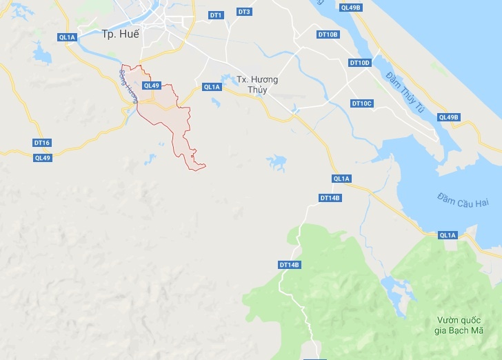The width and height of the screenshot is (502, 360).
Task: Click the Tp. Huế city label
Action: (120, 33)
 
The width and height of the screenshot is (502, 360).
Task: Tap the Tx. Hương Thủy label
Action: (257, 84)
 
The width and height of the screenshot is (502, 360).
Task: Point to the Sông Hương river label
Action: (127, 86)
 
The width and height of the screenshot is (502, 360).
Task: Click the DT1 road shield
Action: (216, 14)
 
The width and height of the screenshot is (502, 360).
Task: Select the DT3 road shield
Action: (244, 12)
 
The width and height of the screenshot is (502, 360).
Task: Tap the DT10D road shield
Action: (360, 63)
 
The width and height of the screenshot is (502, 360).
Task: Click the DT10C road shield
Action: (361, 103)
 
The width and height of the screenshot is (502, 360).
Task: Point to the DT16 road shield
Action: (41, 143)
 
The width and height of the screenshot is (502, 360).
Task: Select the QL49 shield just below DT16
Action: (43, 157)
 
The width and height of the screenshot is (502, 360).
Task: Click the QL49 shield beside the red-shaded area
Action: (151, 86)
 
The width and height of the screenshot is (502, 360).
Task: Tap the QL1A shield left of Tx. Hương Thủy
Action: (212, 87)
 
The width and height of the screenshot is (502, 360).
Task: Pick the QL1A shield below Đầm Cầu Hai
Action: (448, 235)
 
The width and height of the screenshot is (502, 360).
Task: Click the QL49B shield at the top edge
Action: (350, 7)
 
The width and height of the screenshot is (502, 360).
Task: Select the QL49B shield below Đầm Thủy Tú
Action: (448, 117)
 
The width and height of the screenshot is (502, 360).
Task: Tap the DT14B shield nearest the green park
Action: (290, 265)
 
